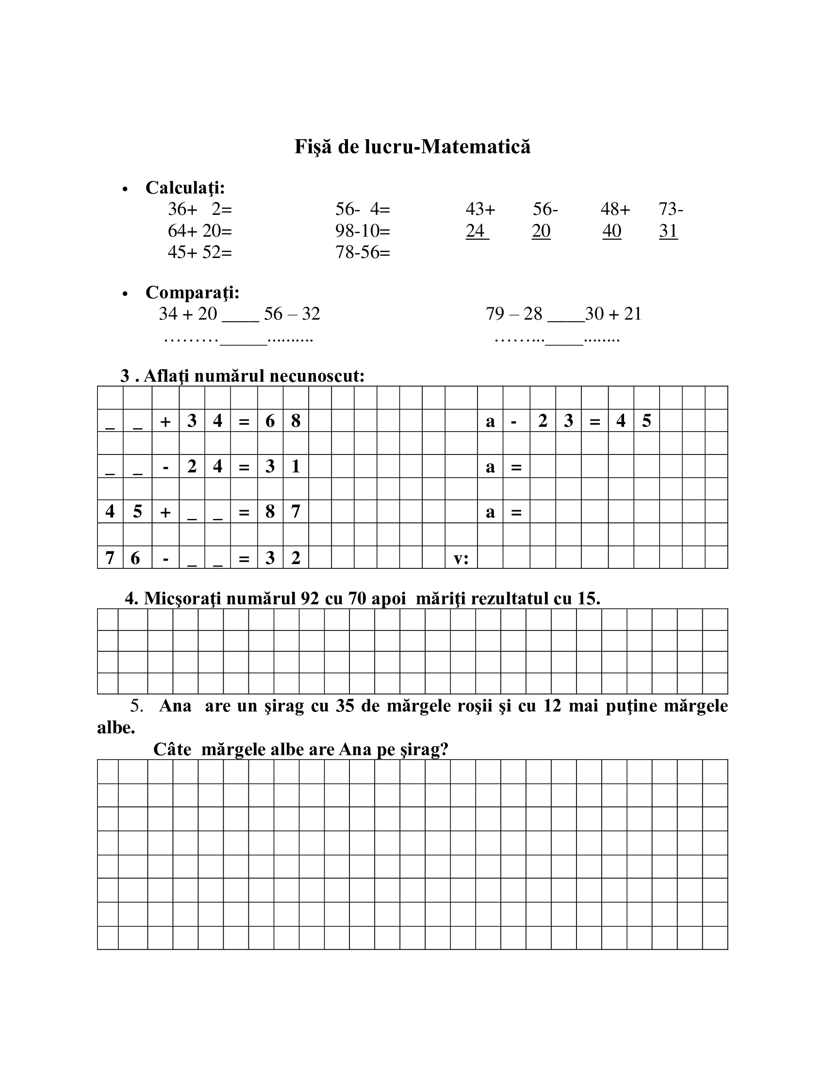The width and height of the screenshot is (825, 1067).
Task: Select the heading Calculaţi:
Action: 185,188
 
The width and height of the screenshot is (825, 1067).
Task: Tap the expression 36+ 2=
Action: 200,209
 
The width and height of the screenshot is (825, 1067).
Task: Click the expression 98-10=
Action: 363,230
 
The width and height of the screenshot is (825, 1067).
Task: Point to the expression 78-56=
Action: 363,252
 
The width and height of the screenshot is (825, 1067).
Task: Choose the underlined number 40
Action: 611,230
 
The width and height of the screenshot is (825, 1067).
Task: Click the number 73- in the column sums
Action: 671,209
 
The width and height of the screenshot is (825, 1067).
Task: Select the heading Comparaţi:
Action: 193,292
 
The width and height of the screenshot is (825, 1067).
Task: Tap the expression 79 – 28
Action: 513,314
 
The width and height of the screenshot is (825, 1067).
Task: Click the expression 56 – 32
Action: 292,314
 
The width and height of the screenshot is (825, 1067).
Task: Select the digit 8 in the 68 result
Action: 296,420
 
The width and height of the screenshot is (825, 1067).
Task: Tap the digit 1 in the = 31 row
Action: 296,466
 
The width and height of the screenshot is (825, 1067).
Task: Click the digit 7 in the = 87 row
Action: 296,512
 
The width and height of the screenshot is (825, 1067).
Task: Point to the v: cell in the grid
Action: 461,558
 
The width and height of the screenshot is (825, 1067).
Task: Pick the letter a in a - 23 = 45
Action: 490,420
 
